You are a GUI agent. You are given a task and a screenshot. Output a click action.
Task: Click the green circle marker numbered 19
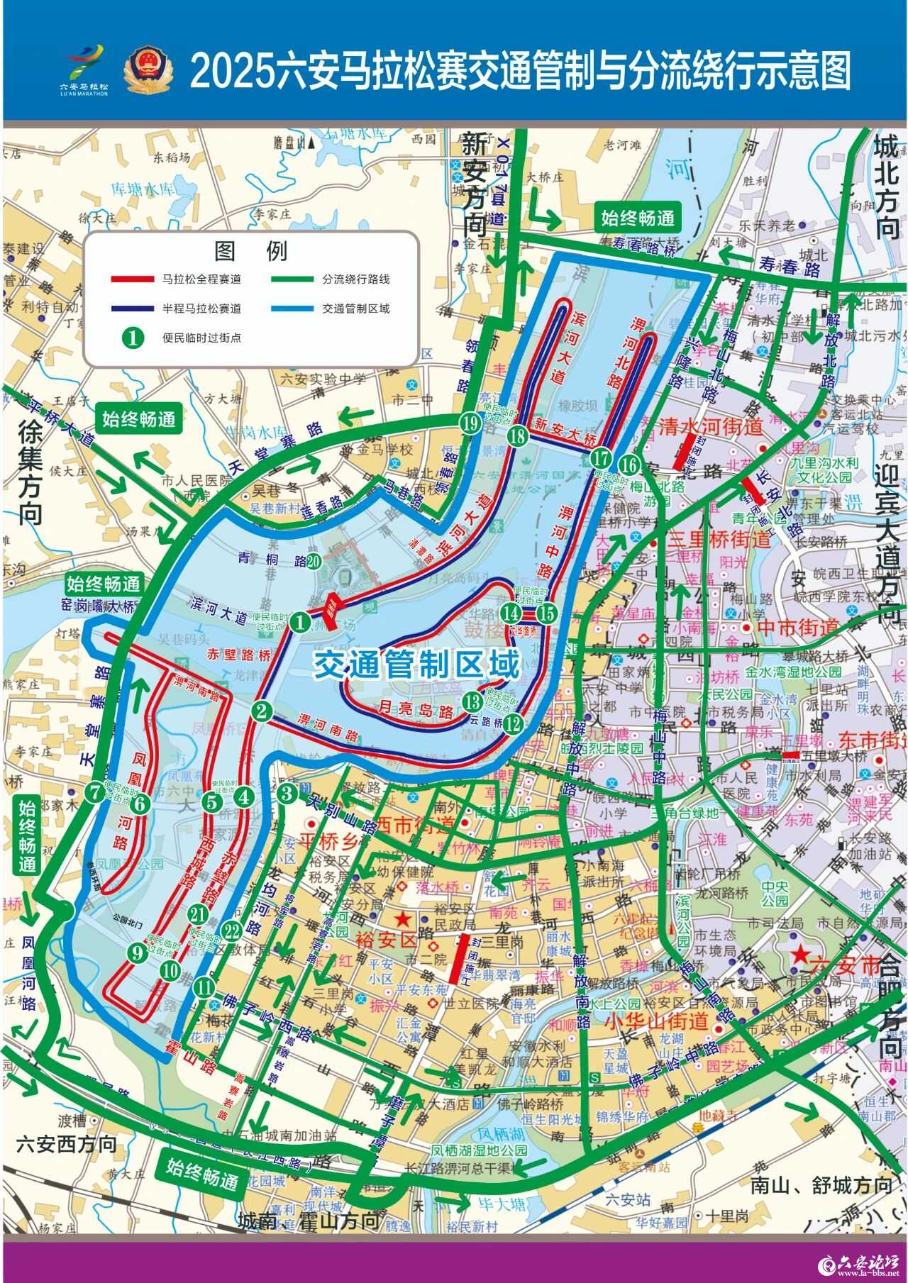pyautogui.click(x=469, y=424)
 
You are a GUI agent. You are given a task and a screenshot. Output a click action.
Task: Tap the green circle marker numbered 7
pyautogui.click(x=94, y=794)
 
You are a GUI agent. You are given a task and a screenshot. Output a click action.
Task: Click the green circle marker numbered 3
pyautogui.click(x=287, y=794)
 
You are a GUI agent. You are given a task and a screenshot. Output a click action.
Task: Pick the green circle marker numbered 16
pyautogui.click(x=629, y=465)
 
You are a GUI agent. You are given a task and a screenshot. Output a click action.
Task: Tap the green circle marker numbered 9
pyautogui.click(x=138, y=953)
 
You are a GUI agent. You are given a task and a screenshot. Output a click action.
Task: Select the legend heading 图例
pyautogui.click(x=250, y=251)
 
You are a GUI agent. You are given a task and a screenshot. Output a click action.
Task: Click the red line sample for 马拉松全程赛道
pyautogui.click(x=132, y=279)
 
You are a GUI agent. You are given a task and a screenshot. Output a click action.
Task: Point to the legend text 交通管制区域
pyautogui.click(x=356, y=309)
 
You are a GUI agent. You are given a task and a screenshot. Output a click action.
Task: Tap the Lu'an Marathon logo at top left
pyautogui.click(x=84, y=70)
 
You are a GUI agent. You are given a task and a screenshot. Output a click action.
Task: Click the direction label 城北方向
pyautogui.click(x=887, y=188)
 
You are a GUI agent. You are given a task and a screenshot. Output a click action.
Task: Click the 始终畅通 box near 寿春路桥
pyautogui.click(x=637, y=218)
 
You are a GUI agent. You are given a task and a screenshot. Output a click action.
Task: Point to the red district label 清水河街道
pyautogui.click(x=710, y=427)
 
